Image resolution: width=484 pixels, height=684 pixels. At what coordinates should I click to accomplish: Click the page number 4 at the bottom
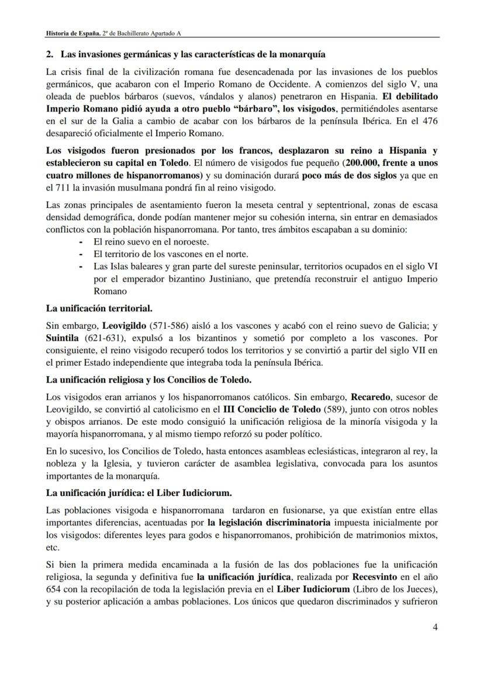tap(435, 627)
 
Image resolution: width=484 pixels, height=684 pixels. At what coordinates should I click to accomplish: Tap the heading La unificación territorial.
tap(99, 307)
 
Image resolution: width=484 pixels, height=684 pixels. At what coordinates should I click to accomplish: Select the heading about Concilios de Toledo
tap(149, 380)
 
